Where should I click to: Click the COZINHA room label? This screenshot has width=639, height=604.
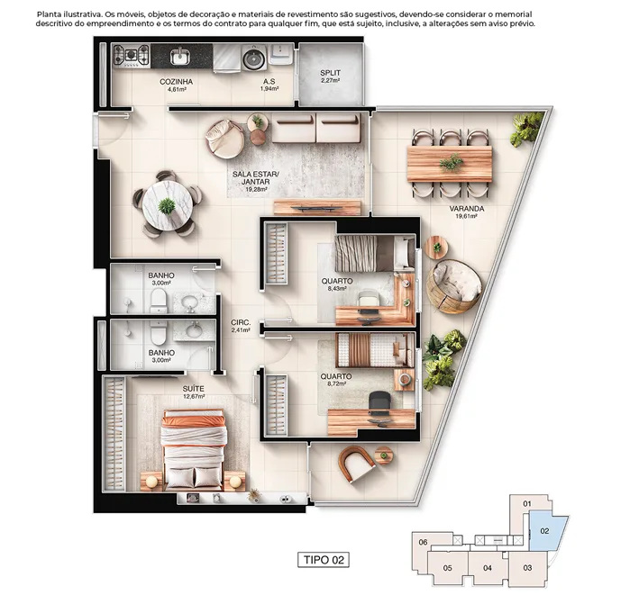(176, 82)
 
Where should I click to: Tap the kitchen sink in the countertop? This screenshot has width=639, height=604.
(179, 56)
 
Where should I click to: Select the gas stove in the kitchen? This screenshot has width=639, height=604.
(131, 56)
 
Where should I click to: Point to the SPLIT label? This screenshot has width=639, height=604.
(330, 73)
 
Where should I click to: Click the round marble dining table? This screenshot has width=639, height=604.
(168, 205)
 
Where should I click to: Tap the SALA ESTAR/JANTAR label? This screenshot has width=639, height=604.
(256, 178)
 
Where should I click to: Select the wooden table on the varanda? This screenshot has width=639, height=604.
(450, 164)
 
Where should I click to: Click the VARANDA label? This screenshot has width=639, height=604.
(467, 209)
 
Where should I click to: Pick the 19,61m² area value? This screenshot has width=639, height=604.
(466, 217)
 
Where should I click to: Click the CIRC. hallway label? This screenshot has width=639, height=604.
(241, 322)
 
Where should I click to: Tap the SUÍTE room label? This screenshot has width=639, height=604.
(193, 389)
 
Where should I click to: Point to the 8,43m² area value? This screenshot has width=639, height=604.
(336, 289)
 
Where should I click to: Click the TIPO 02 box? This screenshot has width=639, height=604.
(324, 560)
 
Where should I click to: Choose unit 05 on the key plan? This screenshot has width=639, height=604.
(447, 568)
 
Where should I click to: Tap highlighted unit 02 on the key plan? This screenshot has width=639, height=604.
(546, 532)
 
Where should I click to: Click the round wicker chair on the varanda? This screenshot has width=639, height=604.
(454, 286)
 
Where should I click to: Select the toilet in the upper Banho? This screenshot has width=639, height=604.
(158, 301)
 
